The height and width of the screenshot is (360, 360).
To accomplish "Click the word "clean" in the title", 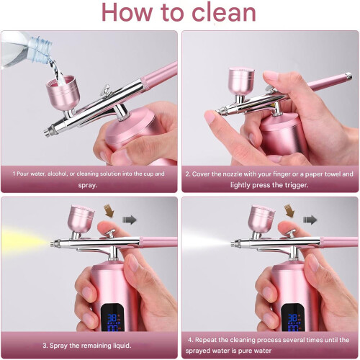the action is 224,12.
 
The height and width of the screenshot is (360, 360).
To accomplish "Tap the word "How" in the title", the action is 127,12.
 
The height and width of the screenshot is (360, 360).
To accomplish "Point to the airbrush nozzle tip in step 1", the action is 47,132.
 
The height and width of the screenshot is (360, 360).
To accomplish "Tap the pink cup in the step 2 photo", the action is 241,81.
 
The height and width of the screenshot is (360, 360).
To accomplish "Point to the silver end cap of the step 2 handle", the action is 348,76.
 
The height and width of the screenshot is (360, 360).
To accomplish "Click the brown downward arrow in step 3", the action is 109,210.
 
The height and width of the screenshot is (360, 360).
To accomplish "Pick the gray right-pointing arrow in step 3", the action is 130,220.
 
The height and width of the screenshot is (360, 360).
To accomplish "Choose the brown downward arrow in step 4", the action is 289,210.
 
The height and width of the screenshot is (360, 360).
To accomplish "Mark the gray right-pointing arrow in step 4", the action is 310,220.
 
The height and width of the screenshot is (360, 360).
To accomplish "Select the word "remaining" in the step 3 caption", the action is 93,346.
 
